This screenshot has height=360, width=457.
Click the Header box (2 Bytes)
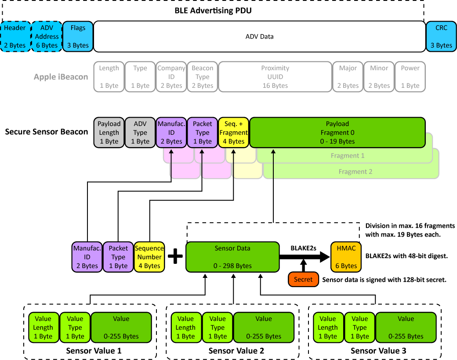(x=15, y=36)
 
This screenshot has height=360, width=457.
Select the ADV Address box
(x=47, y=36)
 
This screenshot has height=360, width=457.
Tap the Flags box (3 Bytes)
(x=78, y=36)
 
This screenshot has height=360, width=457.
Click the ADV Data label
(x=259, y=36)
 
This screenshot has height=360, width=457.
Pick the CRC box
(x=441, y=36)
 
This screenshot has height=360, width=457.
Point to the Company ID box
(x=171, y=76)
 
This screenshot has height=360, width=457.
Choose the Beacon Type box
(x=203, y=76)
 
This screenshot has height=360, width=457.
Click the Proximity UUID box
(x=275, y=76)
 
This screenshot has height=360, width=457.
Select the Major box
(x=348, y=76)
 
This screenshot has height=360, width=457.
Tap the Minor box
(x=379, y=76)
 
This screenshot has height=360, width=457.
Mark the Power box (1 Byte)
(x=410, y=76)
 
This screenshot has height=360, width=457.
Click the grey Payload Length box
(x=109, y=132)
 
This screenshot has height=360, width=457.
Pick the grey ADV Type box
(x=140, y=132)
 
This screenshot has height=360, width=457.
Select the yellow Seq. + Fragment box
(x=234, y=132)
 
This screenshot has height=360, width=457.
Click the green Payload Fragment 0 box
(x=337, y=132)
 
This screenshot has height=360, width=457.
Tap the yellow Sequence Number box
(x=149, y=257)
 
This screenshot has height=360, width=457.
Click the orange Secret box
(x=303, y=279)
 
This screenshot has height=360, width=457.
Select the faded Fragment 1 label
(x=354, y=155)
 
